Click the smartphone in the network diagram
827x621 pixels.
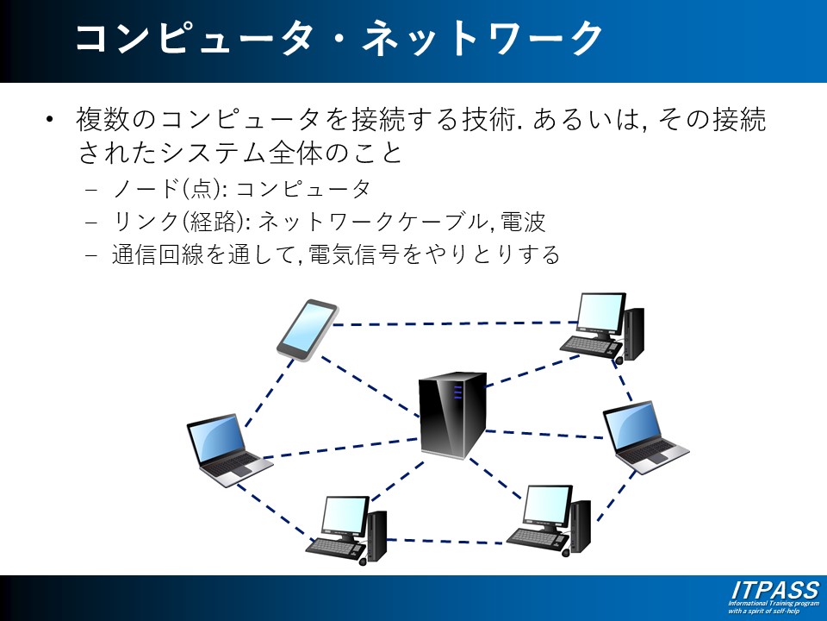click(306, 329)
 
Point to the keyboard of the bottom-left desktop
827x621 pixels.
click(336, 546)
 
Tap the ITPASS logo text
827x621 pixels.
click(774, 591)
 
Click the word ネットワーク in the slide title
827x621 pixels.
click(482, 39)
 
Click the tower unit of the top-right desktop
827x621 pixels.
click(634, 332)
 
